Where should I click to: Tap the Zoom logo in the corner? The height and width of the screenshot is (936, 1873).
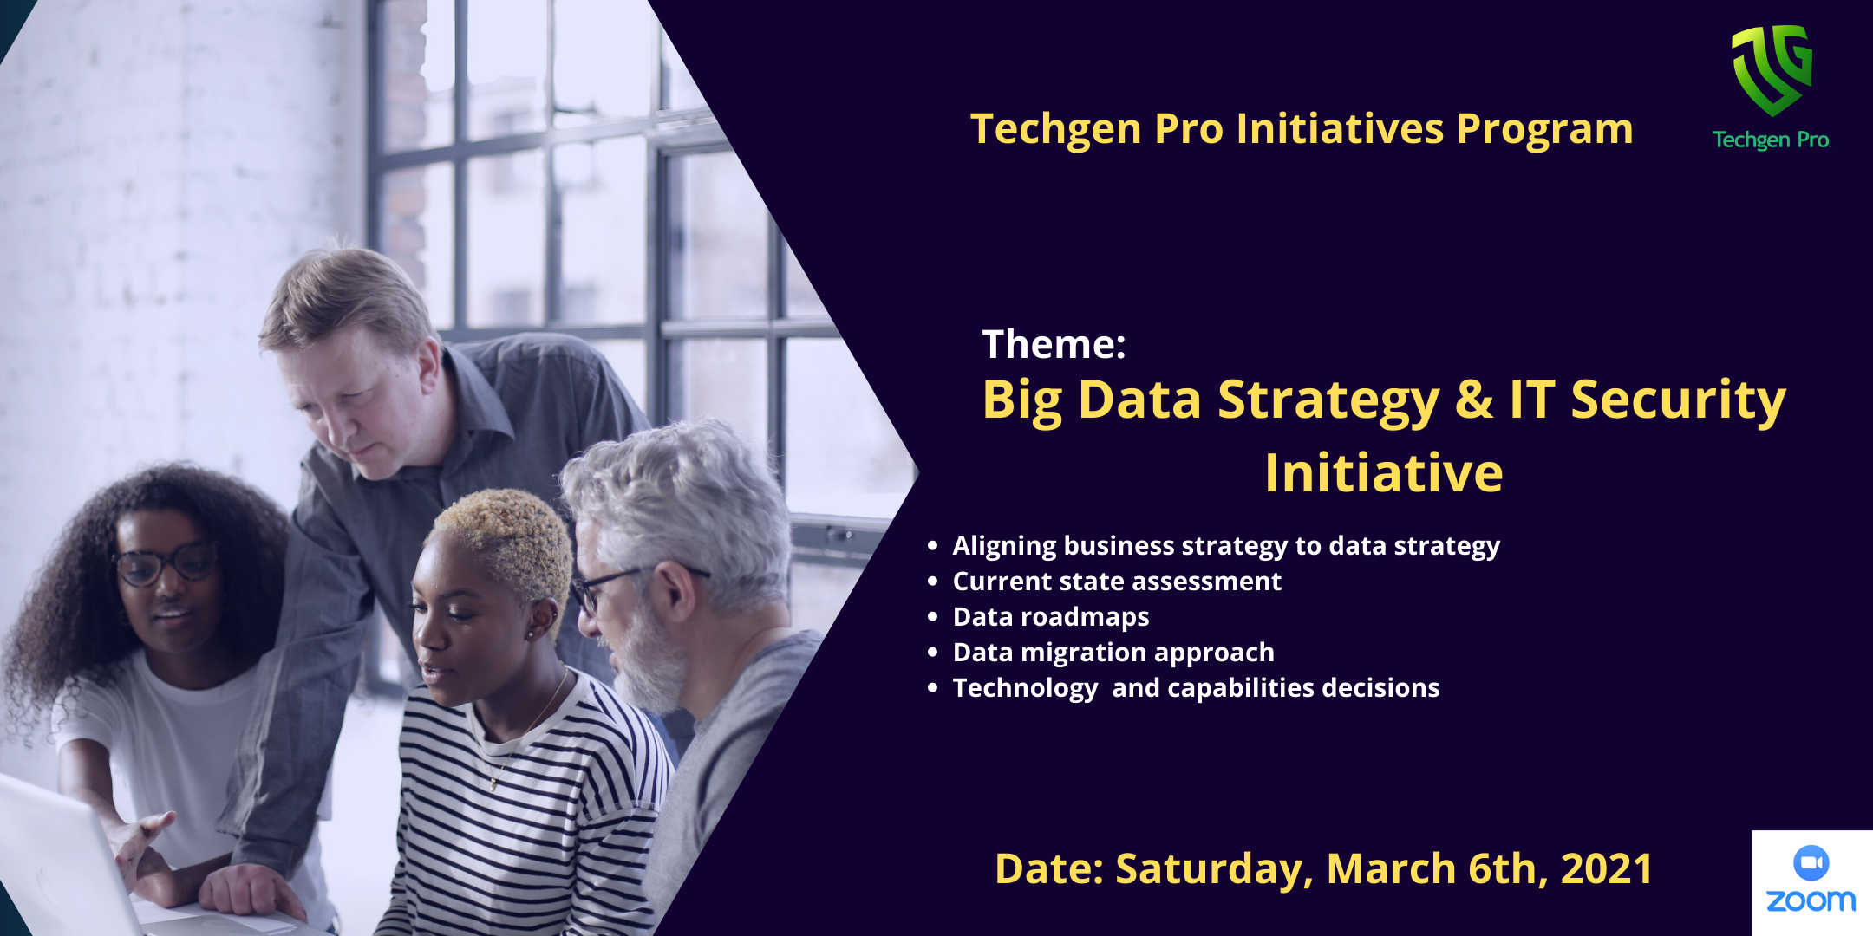click(x=1811, y=881)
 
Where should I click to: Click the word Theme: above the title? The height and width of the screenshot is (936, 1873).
click(x=1054, y=344)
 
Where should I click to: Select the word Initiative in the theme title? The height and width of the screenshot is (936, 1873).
click(x=1383, y=473)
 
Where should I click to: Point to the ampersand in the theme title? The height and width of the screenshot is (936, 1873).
click(x=1474, y=400)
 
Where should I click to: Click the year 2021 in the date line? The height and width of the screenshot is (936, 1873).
click(x=1606, y=868)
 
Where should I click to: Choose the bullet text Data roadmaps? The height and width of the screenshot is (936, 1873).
click(x=1051, y=616)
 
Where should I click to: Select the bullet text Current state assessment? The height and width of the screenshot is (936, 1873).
click(x=1117, y=581)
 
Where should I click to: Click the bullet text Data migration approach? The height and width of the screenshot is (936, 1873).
click(x=1113, y=652)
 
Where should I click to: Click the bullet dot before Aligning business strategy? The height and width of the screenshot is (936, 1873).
click(x=933, y=545)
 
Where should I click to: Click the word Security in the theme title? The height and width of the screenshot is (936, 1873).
click(x=1679, y=400)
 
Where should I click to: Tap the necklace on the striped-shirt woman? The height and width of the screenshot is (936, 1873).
click(x=520, y=737)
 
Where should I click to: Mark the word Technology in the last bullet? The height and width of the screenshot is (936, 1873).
click(x=1026, y=688)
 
